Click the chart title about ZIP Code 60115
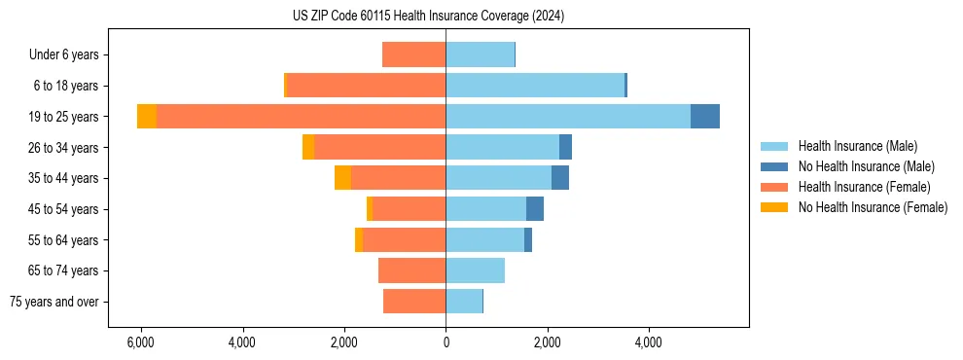pyautogui.click(x=428, y=17)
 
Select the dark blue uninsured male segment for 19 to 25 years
pyautogui.click(x=704, y=117)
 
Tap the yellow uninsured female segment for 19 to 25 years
pyautogui.click(x=146, y=117)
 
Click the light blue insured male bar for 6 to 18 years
pyautogui.click(x=535, y=86)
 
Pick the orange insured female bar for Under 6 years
pyautogui.click(x=413, y=54)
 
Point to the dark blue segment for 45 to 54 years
pyautogui.click(x=534, y=209)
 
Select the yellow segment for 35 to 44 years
pyautogui.click(x=342, y=178)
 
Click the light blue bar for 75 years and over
pyautogui.click(x=464, y=302)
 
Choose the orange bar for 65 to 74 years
pyautogui.click(x=411, y=270)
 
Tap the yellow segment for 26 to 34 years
pyautogui.click(x=308, y=147)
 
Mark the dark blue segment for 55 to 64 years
pyautogui.click(x=528, y=239)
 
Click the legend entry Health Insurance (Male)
pyautogui.click(x=857, y=146)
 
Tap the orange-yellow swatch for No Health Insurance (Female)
pyautogui.click(x=775, y=207)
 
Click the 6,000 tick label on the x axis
pyautogui.click(x=141, y=342)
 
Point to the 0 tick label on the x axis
pyautogui.click(x=446, y=342)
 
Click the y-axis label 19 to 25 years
pyautogui.click(x=64, y=117)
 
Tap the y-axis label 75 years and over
pyautogui.click(x=54, y=302)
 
